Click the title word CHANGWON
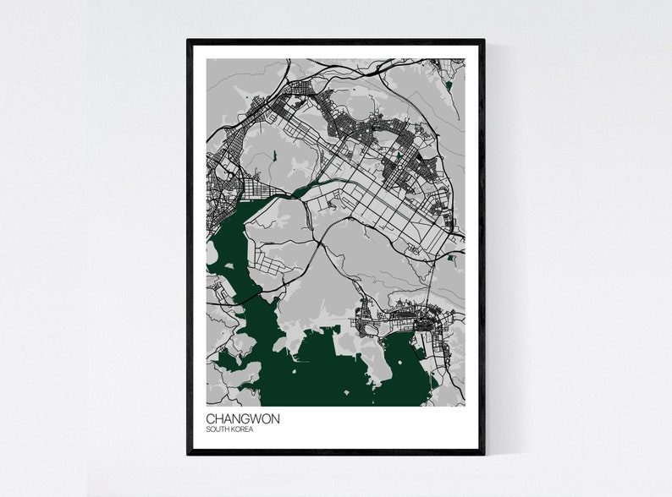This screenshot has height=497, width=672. [x=242, y=418]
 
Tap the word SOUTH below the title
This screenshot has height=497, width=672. [x=218, y=429]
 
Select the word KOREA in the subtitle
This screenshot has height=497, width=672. [x=241, y=429]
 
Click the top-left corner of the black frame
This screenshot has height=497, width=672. [x=189, y=41]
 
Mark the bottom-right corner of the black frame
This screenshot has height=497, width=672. [x=483, y=453]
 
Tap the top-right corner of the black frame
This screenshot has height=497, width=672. [x=483, y=41]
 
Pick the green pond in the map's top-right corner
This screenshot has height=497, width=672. [x=449, y=85]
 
